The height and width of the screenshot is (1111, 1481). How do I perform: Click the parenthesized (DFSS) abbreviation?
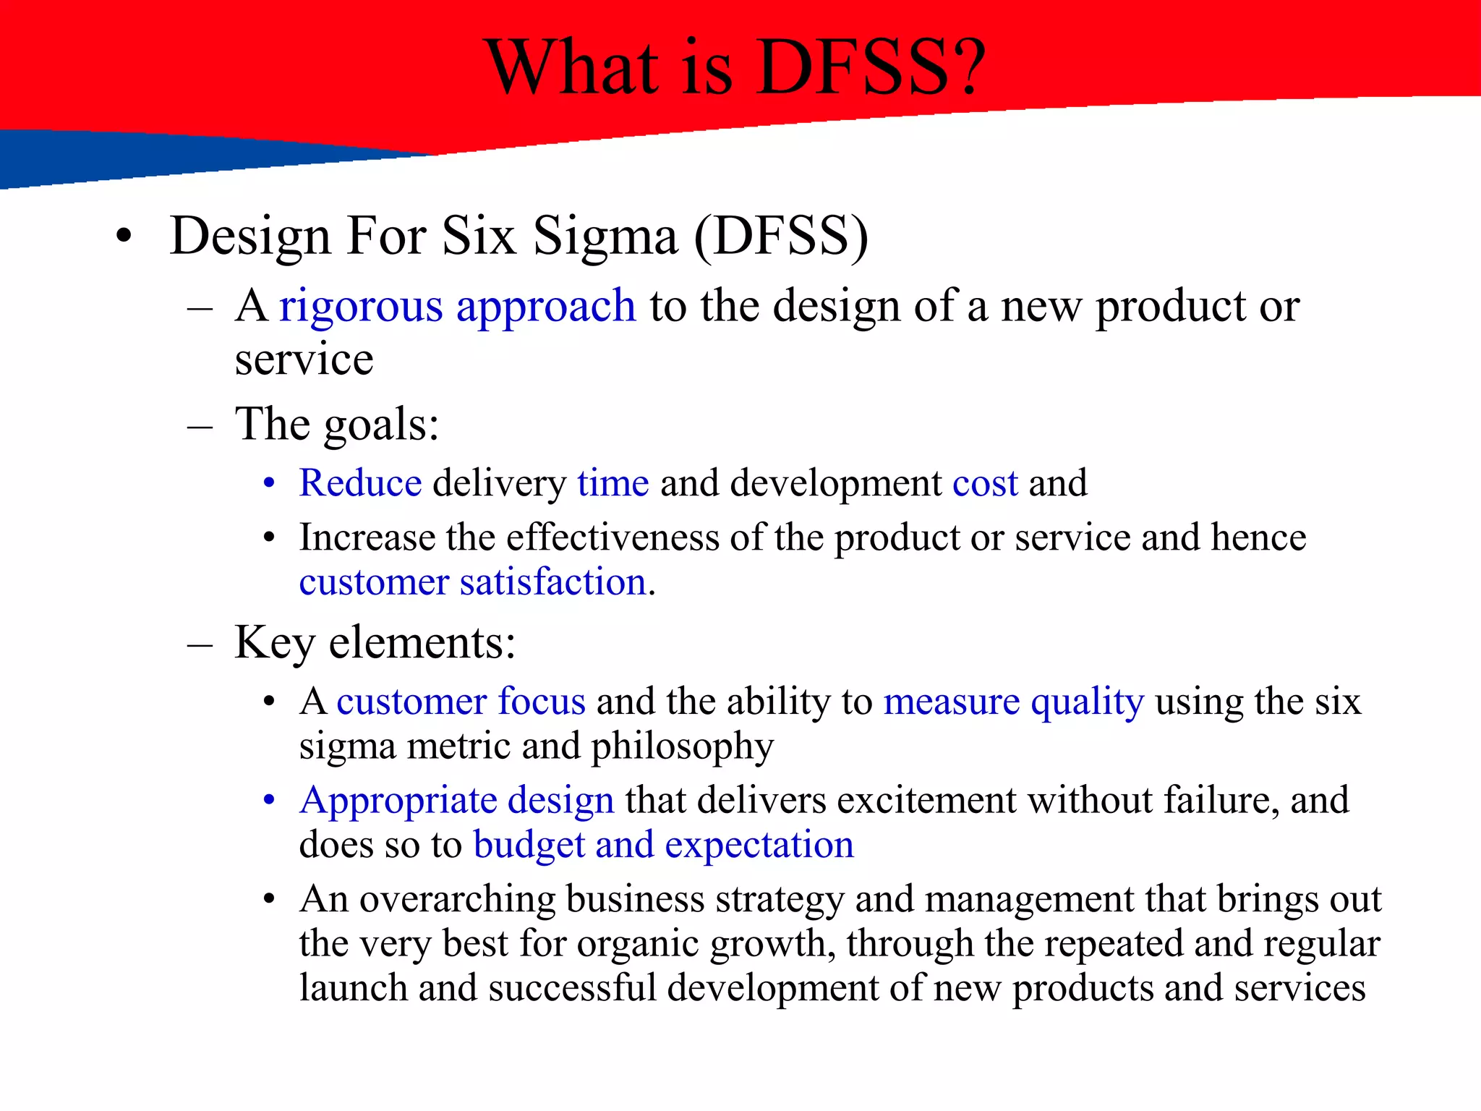click(781, 237)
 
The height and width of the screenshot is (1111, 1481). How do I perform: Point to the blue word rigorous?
click(361, 307)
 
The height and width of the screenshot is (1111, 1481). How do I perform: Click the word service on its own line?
click(304, 359)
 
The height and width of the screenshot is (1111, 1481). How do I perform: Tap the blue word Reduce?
click(360, 482)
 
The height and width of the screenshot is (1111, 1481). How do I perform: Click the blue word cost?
click(985, 483)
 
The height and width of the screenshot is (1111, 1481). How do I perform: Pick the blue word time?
click(613, 482)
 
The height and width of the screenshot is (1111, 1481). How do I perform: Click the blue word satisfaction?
click(552, 582)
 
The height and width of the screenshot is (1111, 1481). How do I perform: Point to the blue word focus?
click(541, 701)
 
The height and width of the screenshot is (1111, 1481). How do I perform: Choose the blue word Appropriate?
click(398, 801)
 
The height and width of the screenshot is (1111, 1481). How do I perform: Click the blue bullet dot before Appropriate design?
click(269, 801)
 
